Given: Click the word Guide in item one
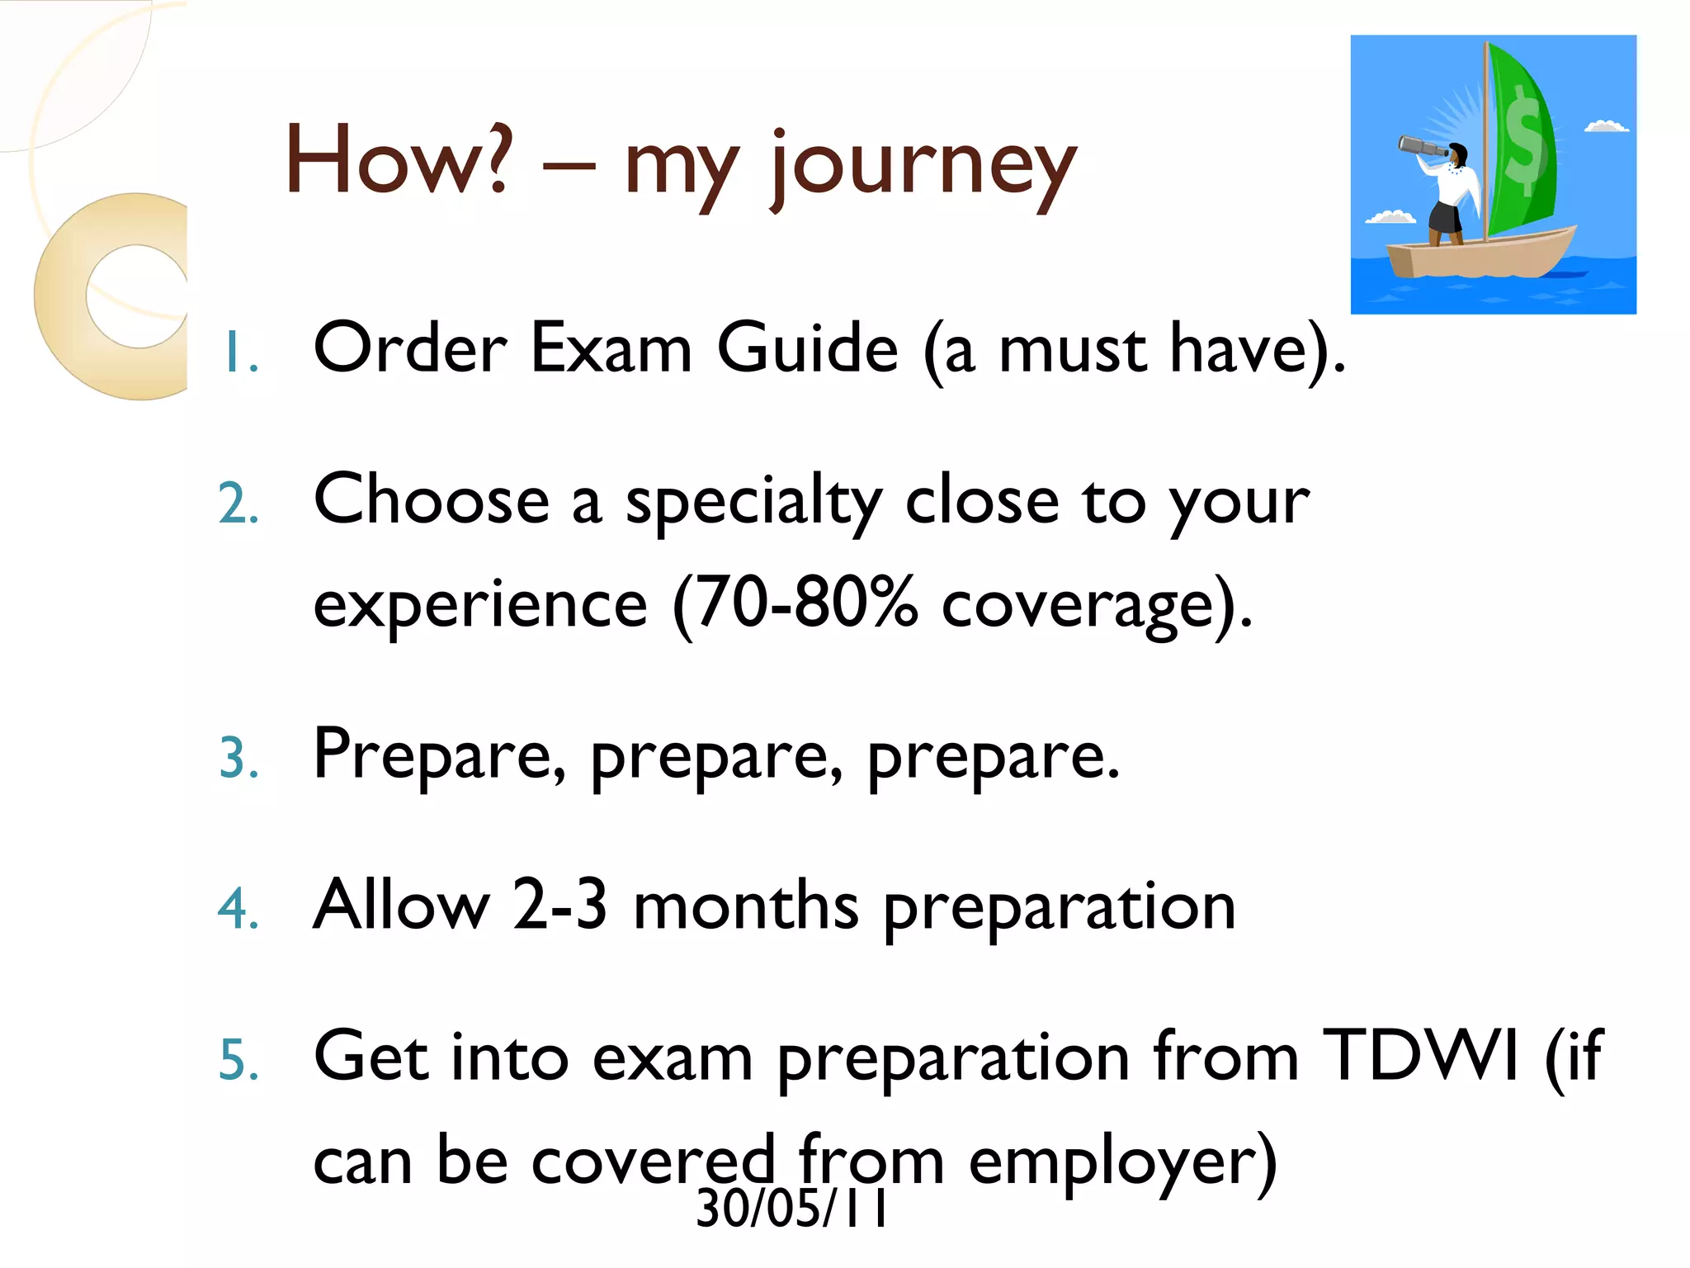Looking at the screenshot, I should tap(807, 349).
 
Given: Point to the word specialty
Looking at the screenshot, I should tap(753, 504).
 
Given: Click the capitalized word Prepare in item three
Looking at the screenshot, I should tap(439, 755).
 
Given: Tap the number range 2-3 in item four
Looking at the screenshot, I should tap(559, 906).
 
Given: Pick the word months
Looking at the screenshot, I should tap(746, 906).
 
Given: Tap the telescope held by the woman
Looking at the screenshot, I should tap(1422, 148).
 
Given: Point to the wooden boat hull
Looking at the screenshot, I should tap(1481, 256).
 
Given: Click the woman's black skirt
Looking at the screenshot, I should tap(1445, 218).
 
